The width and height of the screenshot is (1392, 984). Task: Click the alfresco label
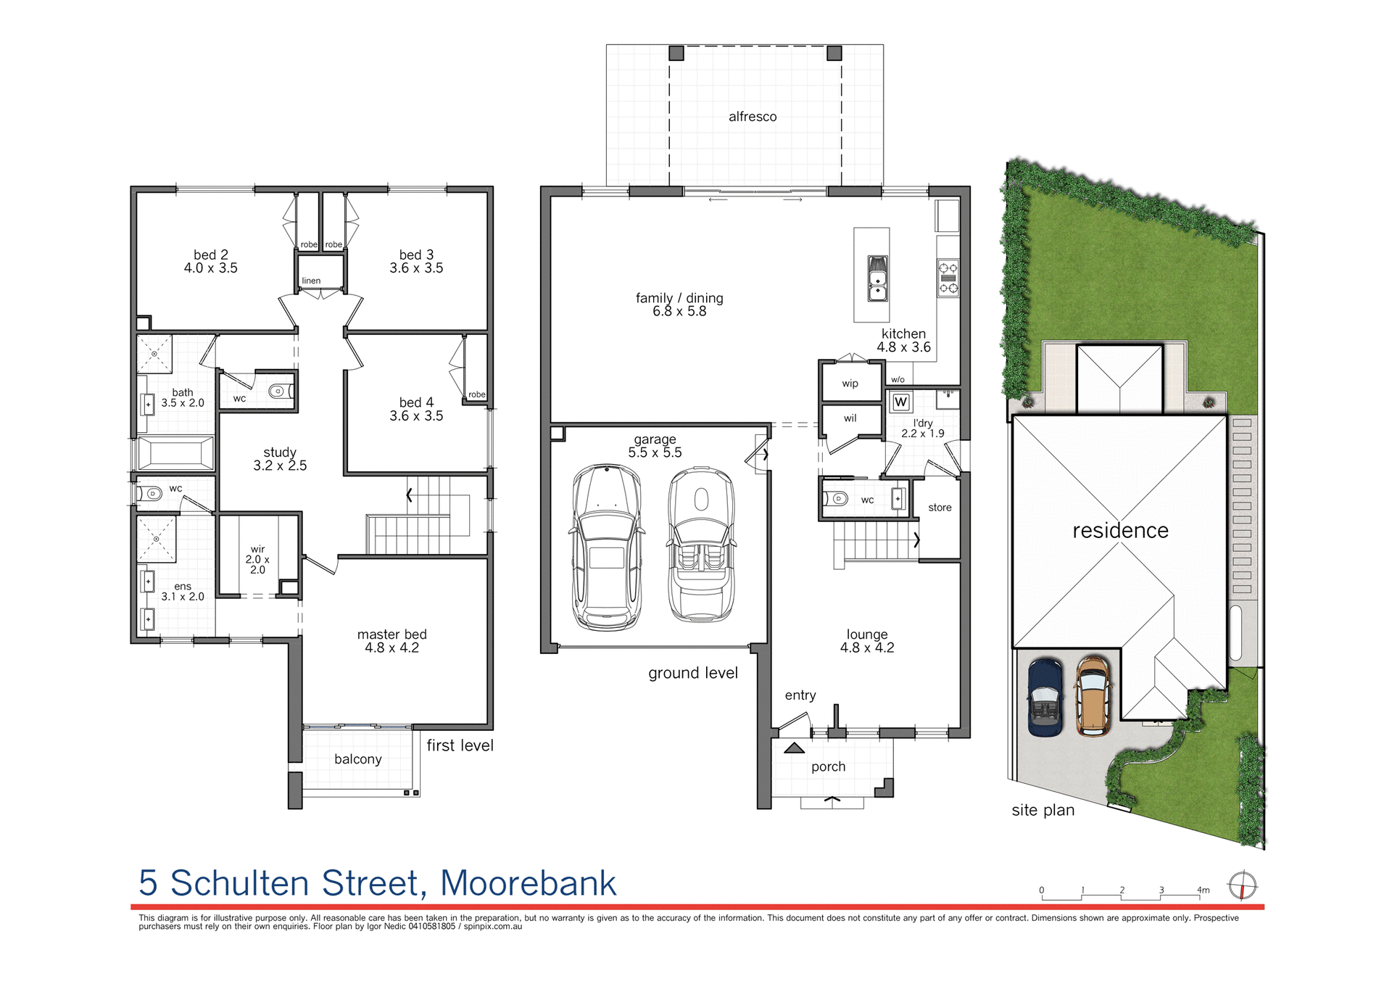point(752,117)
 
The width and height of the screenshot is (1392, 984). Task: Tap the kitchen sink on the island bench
point(877,278)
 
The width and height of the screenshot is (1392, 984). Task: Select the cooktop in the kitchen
point(948,278)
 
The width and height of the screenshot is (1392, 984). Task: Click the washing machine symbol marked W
point(900,402)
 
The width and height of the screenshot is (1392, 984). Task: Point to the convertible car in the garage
point(701,545)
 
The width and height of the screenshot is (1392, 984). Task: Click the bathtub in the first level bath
point(176,454)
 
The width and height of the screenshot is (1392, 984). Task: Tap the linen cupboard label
point(311,281)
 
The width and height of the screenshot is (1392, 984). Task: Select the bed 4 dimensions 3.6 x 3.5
point(416,416)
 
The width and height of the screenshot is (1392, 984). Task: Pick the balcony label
point(357,759)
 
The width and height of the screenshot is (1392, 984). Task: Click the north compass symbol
point(1242,886)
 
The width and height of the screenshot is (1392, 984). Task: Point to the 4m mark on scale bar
point(1203,890)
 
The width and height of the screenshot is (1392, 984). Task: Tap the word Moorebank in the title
point(528,883)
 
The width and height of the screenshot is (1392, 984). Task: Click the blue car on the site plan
point(1045,698)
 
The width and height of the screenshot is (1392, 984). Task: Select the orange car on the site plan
point(1093,696)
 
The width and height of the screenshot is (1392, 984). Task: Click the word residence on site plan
point(1120,531)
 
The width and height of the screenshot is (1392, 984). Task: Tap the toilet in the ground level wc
point(837,499)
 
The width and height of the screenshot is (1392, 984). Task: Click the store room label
point(940,508)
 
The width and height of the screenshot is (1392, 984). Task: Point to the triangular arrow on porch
point(794,748)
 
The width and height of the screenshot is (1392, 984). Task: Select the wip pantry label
point(850,384)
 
